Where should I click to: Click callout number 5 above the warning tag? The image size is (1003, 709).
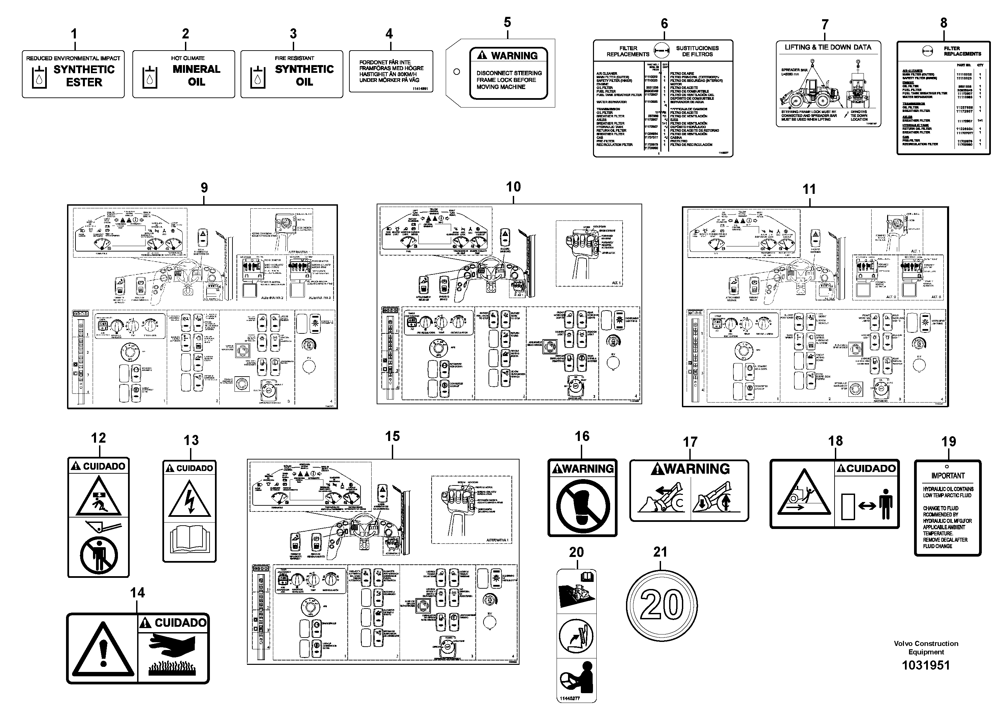click(507, 23)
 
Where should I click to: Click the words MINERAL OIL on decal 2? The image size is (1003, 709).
click(196, 76)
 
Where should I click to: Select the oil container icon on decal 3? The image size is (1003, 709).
click(257, 78)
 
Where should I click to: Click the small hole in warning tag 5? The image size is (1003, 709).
click(457, 72)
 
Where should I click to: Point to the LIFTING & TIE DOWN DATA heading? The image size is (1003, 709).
click(828, 47)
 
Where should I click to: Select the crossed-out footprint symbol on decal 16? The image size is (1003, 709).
click(582, 505)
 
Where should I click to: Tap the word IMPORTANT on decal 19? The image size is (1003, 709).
click(947, 476)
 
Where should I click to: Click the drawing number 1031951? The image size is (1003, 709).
click(926, 665)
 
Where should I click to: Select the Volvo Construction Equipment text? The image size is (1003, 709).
click(926, 647)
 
